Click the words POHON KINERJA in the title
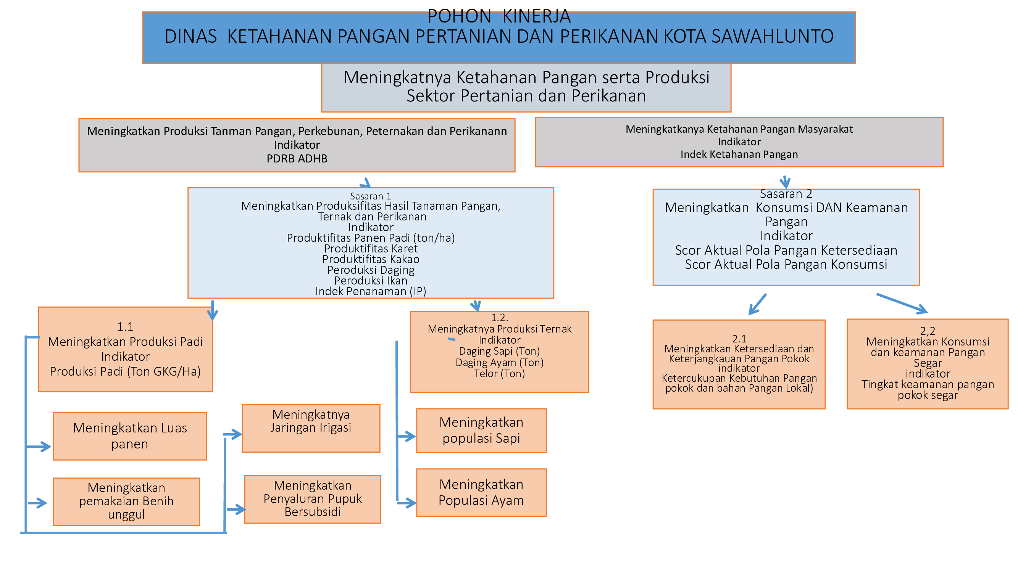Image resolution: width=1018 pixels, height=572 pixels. [x=499, y=16]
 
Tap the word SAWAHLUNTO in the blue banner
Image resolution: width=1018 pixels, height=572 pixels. [x=773, y=36]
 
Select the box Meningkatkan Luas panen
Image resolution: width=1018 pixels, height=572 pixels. [x=130, y=436]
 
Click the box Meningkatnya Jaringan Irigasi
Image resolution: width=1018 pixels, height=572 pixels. [x=311, y=428]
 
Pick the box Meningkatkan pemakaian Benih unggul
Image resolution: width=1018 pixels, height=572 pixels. [x=126, y=502]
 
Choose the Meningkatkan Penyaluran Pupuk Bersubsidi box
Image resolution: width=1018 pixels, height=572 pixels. [x=313, y=500]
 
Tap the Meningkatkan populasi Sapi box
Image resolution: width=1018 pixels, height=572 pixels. [x=481, y=431]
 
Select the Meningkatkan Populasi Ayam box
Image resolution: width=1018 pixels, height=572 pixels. [x=481, y=493]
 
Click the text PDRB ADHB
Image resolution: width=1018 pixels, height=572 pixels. [x=297, y=159]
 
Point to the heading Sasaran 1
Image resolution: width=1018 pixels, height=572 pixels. [x=370, y=196]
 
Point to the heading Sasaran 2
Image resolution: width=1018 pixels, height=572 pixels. [x=786, y=194]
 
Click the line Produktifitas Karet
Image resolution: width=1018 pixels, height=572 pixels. [x=371, y=249]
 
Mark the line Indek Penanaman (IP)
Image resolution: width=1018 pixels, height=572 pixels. [x=371, y=291]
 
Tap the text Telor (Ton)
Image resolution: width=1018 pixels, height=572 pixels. [x=500, y=373]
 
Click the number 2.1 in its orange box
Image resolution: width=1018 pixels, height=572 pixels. [x=739, y=339]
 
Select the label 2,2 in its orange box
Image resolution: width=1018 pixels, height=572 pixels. [x=928, y=331]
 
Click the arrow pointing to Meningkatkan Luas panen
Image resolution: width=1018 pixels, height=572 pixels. [x=38, y=447]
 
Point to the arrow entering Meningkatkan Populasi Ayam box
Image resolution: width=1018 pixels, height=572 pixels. [x=407, y=503]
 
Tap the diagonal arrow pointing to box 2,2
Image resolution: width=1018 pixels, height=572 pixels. [x=902, y=304]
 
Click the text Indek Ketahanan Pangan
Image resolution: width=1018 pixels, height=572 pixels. [x=739, y=154]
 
